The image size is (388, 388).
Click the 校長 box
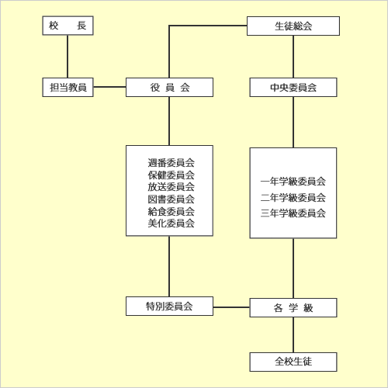tap(68, 26)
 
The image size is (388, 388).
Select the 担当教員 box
tap(68, 88)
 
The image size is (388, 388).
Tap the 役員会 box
tap(169, 88)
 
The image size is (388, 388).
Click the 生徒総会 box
tap(293, 26)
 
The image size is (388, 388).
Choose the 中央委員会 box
tap(293, 88)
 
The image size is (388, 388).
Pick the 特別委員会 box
tap(169, 307)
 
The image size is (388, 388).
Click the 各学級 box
tap(293, 308)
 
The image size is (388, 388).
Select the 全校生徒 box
tap(293, 362)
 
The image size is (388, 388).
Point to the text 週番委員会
tap(171, 163)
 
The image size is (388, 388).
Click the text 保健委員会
tap(171, 175)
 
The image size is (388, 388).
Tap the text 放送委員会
tap(171, 187)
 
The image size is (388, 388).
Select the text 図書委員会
tap(171, 199)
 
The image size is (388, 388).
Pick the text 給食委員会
tap(171, 211)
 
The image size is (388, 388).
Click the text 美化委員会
tap(171, 223)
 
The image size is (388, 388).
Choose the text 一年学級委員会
tap(293, 182)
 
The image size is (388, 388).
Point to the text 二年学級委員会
tap(293, 197)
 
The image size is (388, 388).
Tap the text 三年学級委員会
tap(293, 213)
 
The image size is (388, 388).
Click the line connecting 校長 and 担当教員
tap(68, 57)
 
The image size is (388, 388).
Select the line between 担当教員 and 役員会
tap(109, 87)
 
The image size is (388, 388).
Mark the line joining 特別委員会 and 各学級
tap(231, 307)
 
